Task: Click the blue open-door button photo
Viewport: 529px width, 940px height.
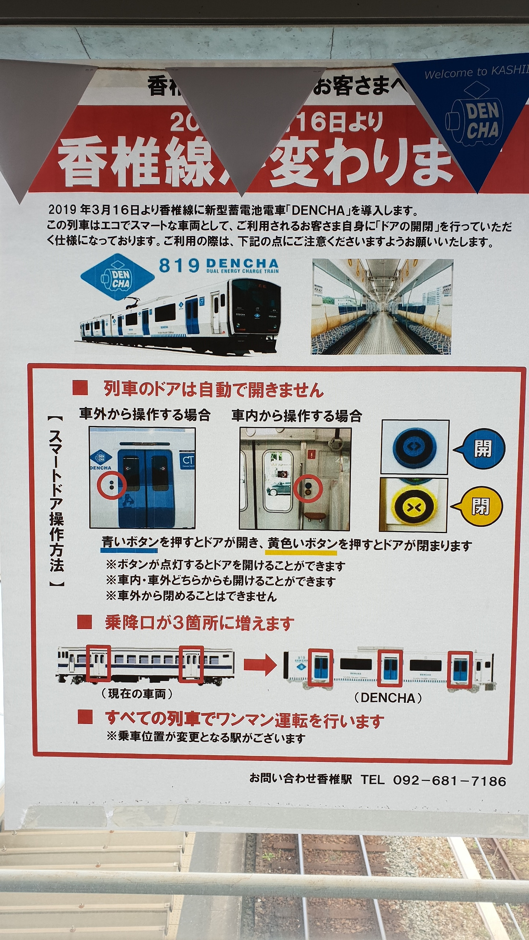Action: (415, 447)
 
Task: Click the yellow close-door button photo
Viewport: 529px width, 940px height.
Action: (413, 505)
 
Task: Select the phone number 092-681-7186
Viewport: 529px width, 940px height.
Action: (449, 781)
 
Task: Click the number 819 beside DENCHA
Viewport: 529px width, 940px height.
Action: (179, 266)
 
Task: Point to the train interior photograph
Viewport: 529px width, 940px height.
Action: (382, 306)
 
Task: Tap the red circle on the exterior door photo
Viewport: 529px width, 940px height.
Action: (112, 485)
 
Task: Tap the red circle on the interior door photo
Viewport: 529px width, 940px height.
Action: (308, 489)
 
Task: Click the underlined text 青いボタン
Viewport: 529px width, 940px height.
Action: (130, 543)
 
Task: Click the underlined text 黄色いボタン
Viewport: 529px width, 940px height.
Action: (302, 544)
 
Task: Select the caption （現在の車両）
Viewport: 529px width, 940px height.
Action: (137, 694)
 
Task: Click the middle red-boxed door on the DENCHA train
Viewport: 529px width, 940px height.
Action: (390, 668)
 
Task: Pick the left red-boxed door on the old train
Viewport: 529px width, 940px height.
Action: (98, 663)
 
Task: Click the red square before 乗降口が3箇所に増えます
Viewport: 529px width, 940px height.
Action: (84, 622)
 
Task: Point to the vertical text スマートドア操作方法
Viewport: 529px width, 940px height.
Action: (56, 501)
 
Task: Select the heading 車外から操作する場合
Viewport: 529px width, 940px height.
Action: (145, 414)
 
